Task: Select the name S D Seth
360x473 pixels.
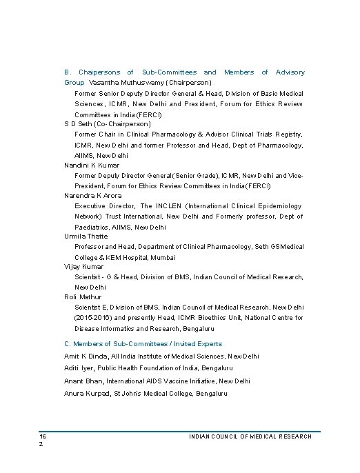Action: (x=74, y=123)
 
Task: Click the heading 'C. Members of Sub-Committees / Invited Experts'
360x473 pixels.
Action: (x=143, y=343)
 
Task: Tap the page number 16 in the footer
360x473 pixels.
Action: (x=42, y=436)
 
